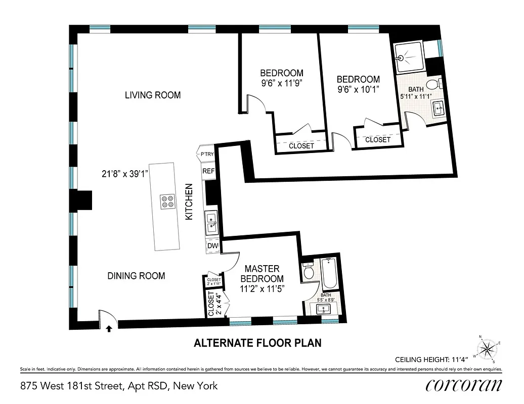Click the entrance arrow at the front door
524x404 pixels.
[109, 329]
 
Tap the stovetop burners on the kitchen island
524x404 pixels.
[167, 202]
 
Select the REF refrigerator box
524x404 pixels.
[208, 171]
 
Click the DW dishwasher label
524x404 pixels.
[212, 246]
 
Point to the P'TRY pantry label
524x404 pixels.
[207, 154]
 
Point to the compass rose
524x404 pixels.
[488, 348]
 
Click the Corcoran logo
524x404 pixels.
[464, 385]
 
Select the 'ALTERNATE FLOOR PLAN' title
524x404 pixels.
[258, 343]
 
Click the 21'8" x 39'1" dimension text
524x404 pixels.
[124, 174]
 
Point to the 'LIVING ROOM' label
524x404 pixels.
[153, 95]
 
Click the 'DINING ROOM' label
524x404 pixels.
[136, 276]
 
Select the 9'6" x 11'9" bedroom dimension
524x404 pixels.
[282, 82]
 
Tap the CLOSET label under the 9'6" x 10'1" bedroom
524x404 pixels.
[378, 140]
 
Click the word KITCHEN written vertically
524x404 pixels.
[189, 201]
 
